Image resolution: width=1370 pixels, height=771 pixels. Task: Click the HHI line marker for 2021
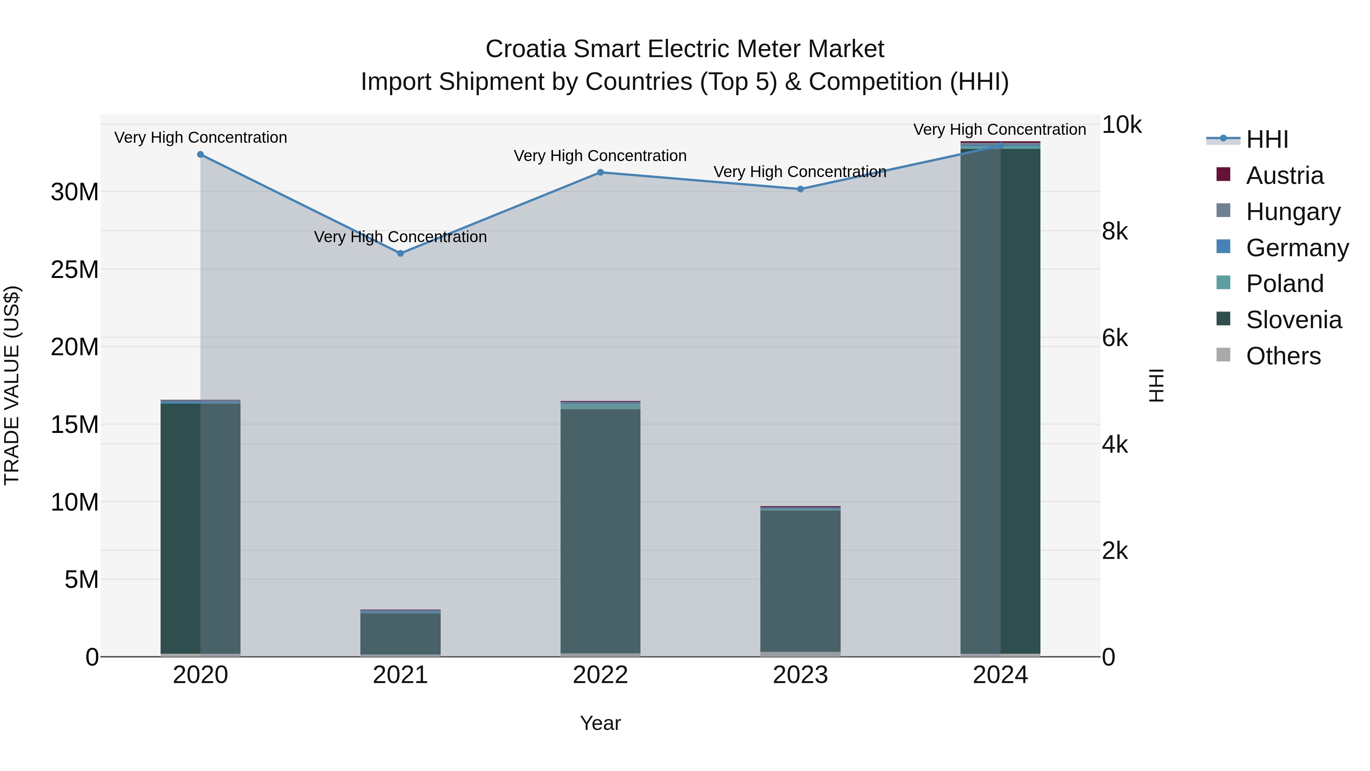[x=400, y=253]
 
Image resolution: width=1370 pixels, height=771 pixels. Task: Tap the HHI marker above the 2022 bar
[x=601, y=172]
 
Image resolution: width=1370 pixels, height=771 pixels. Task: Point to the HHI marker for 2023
[x=800, y=189]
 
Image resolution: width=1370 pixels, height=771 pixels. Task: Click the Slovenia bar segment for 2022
[x=601, y=532]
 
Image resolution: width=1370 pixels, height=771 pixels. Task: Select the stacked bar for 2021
[x=400, y=633]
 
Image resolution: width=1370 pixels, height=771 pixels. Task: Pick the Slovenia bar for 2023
[x=800, y=580]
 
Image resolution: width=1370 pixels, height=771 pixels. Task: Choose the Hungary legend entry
[x=1293, y=212]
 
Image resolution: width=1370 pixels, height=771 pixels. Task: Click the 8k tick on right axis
[x=1115, y=231]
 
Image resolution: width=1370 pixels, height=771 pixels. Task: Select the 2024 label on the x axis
[x=1000, y=675]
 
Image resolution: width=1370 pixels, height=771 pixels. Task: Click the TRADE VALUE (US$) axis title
[x=12, y=385]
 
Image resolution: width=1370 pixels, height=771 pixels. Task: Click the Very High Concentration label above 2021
[x=400, y=237]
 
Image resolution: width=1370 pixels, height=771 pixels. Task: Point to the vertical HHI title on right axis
[x=1156, y=385]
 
